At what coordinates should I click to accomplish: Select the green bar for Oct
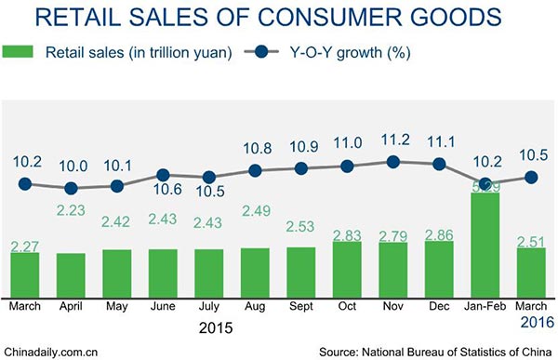click(347, 268)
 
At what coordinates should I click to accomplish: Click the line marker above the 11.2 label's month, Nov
click(392, 161)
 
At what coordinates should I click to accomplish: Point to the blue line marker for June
click(163, 174)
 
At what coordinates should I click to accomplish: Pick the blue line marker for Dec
click(438, 164)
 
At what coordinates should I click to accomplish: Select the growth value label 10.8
click(255, 148)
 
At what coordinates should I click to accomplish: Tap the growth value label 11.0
click(347, 144)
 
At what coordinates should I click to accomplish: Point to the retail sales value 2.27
click(26, 247)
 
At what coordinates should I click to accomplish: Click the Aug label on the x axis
click(255, 305)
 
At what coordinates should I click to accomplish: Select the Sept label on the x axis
click(300, 305)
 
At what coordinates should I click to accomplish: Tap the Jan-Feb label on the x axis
click(484, 305)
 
